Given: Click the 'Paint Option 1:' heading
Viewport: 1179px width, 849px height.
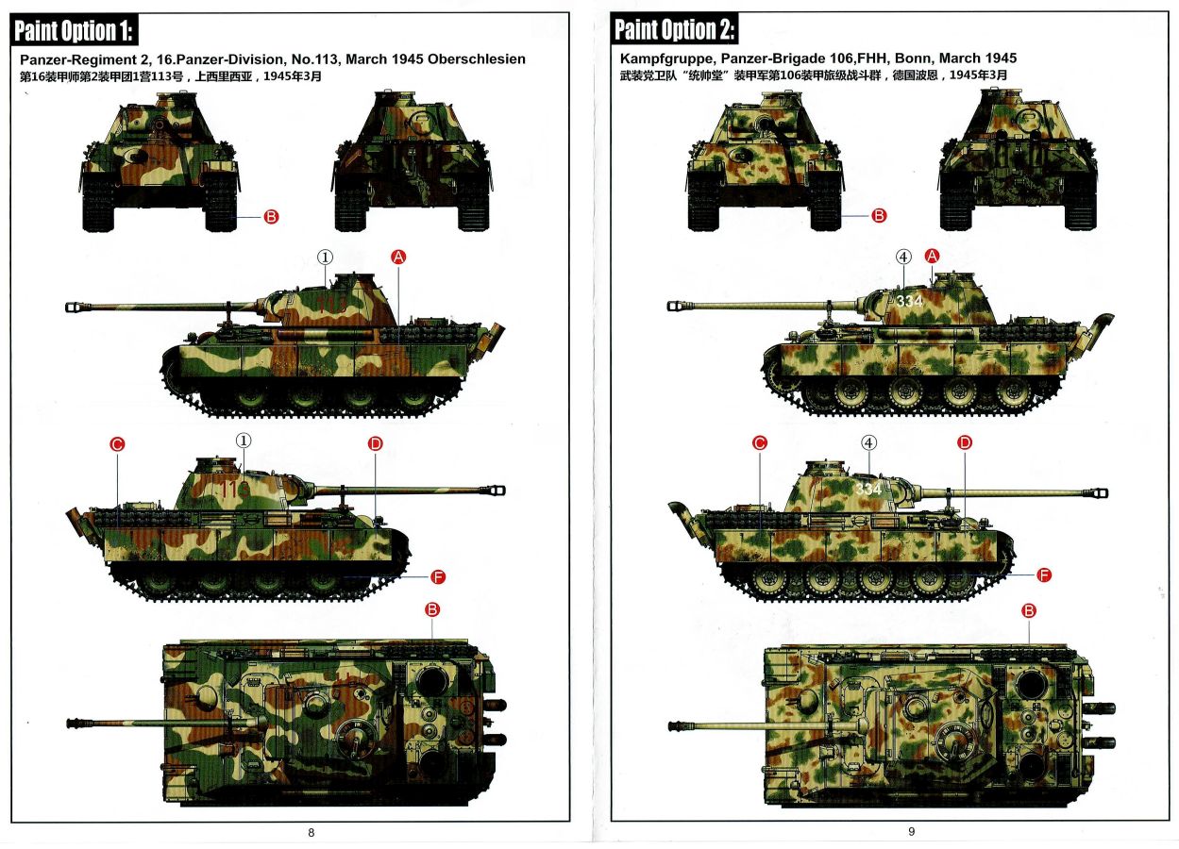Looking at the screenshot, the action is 74,30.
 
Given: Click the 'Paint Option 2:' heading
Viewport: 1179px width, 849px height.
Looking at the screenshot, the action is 674,29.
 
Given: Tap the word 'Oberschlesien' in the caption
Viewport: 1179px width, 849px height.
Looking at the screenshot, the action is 477,58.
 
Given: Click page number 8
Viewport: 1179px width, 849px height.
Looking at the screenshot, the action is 312,833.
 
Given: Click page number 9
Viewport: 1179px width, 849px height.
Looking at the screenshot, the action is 912,832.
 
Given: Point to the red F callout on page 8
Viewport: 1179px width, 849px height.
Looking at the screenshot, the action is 438,577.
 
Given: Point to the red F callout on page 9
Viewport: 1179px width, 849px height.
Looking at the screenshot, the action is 1044,574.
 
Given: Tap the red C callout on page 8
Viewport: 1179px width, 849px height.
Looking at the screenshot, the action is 117,444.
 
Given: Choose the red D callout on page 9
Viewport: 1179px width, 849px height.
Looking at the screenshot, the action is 965,443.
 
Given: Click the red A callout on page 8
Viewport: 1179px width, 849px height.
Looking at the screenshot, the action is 398,258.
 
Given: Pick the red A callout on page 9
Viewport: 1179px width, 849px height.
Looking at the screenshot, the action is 932,257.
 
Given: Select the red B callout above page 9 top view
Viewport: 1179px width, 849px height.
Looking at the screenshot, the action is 1029,611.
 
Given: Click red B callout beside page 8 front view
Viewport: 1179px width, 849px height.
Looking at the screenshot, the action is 271,217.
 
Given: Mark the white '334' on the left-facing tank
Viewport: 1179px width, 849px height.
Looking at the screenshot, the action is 910,301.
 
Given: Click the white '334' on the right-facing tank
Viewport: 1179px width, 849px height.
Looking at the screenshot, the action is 868,489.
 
